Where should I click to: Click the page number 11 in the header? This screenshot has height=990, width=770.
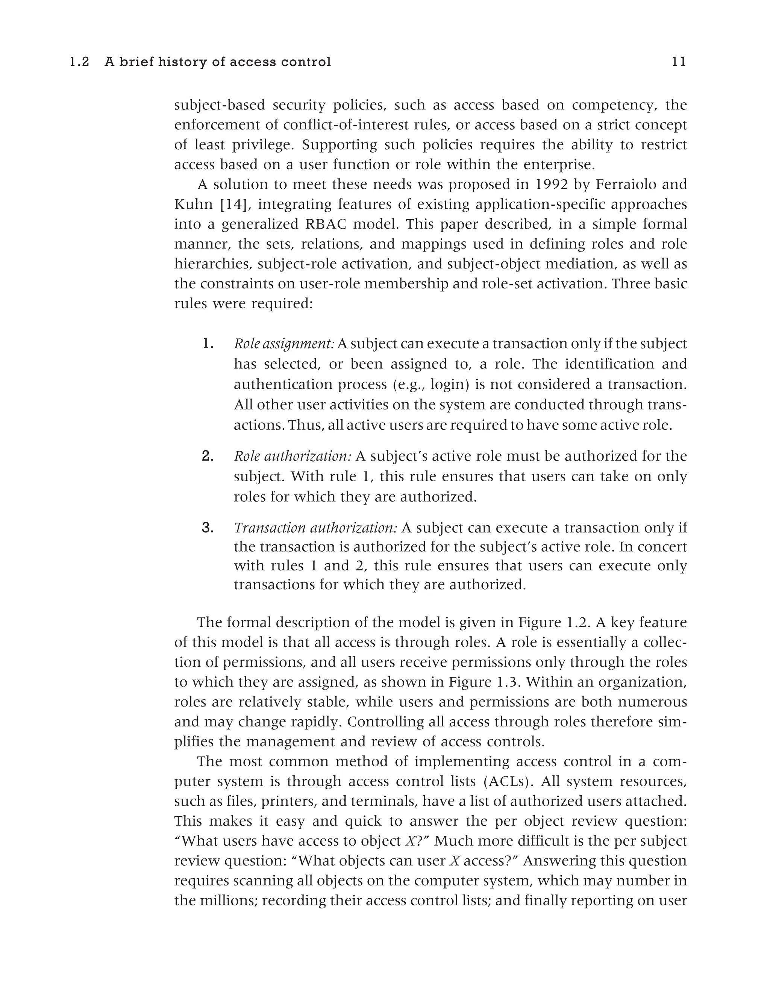tap(679, 62)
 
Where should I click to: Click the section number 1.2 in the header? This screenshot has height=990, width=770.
tap(79, 62)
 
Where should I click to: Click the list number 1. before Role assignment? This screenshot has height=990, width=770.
tap(208, 344)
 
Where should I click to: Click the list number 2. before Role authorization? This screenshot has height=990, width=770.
tap(208, 456)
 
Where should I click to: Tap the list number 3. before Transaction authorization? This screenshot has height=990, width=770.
tap(208, 528)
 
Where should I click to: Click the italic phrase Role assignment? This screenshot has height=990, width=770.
tap(284, 344)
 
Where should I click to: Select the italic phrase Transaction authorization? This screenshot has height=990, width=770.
tap(315, 528)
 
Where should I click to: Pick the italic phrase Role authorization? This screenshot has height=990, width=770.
tap(292, 456)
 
